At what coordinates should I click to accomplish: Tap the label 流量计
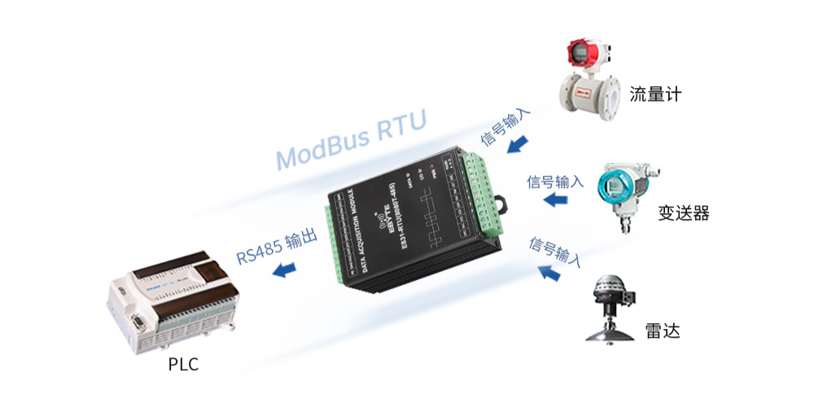pos(654,95)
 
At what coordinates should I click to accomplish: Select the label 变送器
pos(683,213)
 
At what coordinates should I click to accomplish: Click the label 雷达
pos(662,331)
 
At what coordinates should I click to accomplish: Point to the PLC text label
pos(182,365)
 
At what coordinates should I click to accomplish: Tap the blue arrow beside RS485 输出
pos(284,270)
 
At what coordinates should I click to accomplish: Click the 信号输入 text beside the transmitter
pos(555,182)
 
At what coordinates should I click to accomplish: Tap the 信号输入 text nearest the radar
pos(555,252)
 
